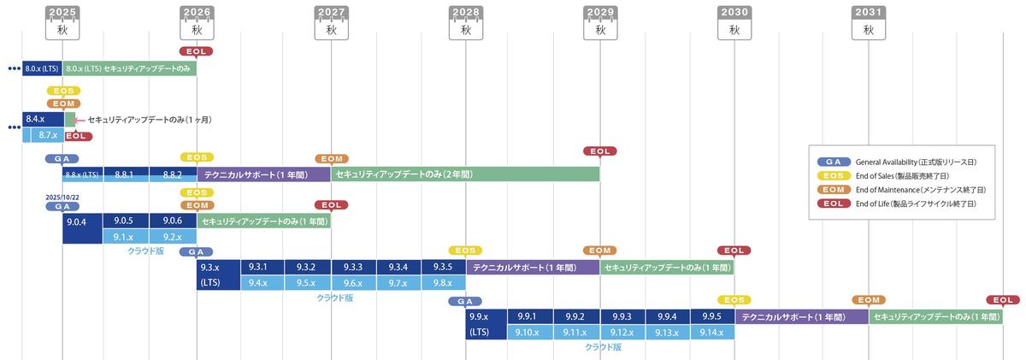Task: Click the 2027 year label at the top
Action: point(331,13)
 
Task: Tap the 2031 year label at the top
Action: point(868,13)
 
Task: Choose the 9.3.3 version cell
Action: point(353,267)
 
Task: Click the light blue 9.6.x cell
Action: point(353,282)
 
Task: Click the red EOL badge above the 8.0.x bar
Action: point(197,51)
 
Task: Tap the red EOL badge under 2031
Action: point(1002,300)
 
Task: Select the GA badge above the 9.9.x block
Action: point(464,301)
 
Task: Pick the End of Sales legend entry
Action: point(898,175)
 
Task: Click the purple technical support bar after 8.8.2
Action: point(263,174)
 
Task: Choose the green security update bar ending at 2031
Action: point(935,316)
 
